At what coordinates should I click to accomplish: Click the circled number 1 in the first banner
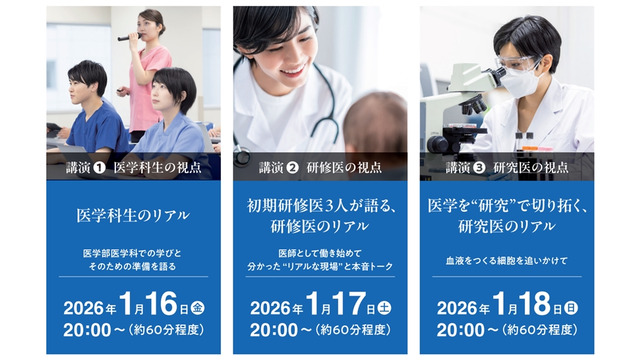(x=99, y=167)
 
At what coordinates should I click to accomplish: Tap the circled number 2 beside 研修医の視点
(x=293, y=167)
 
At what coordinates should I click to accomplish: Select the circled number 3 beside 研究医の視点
(x=479, y=167)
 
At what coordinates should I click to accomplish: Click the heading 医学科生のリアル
(x=133, y=215)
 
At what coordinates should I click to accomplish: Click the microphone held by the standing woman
(x=128, y=37)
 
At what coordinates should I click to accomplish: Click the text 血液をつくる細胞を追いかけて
(x=506, y=261)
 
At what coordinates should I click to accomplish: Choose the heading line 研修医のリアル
(x=319, y=226)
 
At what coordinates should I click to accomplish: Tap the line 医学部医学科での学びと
(x=133, y=253)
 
